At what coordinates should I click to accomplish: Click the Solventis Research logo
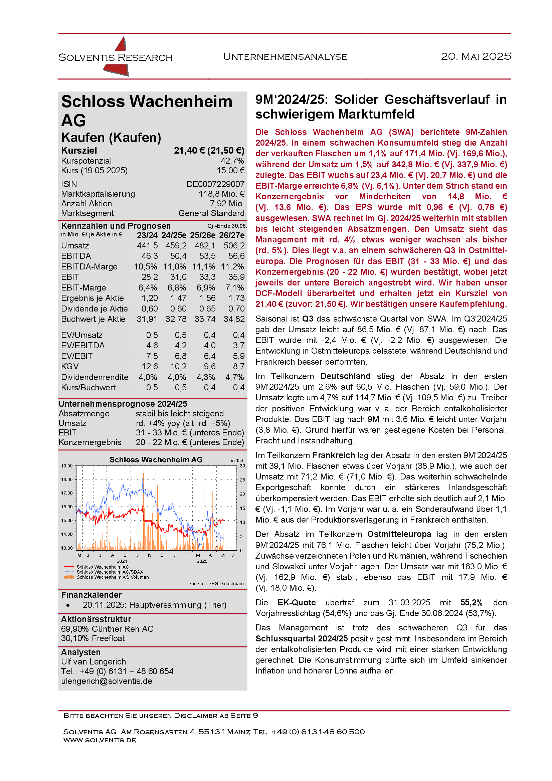tap(115, 57)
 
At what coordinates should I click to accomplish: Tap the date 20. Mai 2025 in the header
tap(476, 56)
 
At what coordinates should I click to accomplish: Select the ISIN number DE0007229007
tap(215, 184)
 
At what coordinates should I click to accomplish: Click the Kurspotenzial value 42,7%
tap(232, 161)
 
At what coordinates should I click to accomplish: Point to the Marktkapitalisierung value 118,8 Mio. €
tap(221, 194)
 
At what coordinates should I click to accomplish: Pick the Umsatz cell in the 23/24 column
tap(147, 246)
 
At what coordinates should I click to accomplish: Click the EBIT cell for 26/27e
tap(234, 277)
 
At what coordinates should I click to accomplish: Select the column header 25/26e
tap(203, 235)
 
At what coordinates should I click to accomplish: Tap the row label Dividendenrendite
tap(95, 377)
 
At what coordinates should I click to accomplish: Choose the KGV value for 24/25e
tap(179, 367)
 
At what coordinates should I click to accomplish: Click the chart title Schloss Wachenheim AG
tap(156, 459)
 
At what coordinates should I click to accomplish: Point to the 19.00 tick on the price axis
tap(67, 466)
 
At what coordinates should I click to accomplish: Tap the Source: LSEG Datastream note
tap(216, 583)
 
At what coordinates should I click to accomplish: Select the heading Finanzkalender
tap(91, 595)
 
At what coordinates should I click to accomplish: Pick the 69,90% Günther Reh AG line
tap(107, 629)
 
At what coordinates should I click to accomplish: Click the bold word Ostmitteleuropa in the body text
tap(399, 534)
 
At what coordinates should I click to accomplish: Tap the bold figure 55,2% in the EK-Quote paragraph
tap(471, 603)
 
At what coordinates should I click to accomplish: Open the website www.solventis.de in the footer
tap(100, 740)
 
